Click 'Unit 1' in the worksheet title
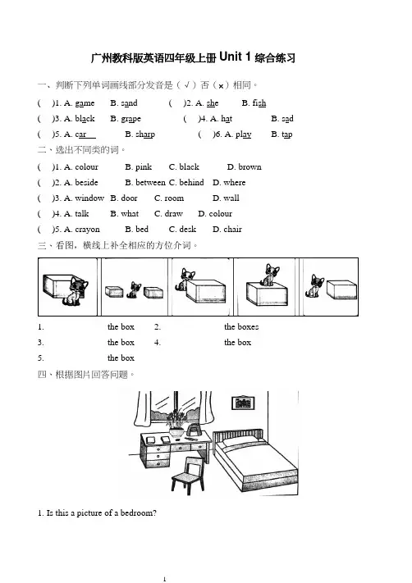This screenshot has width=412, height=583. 235,57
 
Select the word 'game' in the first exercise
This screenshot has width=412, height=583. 85,103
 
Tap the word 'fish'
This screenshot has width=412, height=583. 259,103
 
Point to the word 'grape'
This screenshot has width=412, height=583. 131,119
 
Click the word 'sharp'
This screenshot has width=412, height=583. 145,134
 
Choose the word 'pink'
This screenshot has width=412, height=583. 144,167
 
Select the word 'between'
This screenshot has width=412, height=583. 151,183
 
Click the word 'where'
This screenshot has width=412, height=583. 235,183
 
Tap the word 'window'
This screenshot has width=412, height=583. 89,198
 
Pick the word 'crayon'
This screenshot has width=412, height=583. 88,230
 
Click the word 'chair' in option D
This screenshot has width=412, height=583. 232,230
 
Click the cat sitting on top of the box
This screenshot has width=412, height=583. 269,275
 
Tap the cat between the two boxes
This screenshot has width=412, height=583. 134,290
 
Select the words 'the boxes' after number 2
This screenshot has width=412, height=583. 241,327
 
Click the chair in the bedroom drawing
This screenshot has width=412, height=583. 188,476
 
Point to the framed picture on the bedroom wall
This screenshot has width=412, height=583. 243,403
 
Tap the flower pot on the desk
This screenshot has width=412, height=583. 176,432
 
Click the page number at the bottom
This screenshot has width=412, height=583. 164,579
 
